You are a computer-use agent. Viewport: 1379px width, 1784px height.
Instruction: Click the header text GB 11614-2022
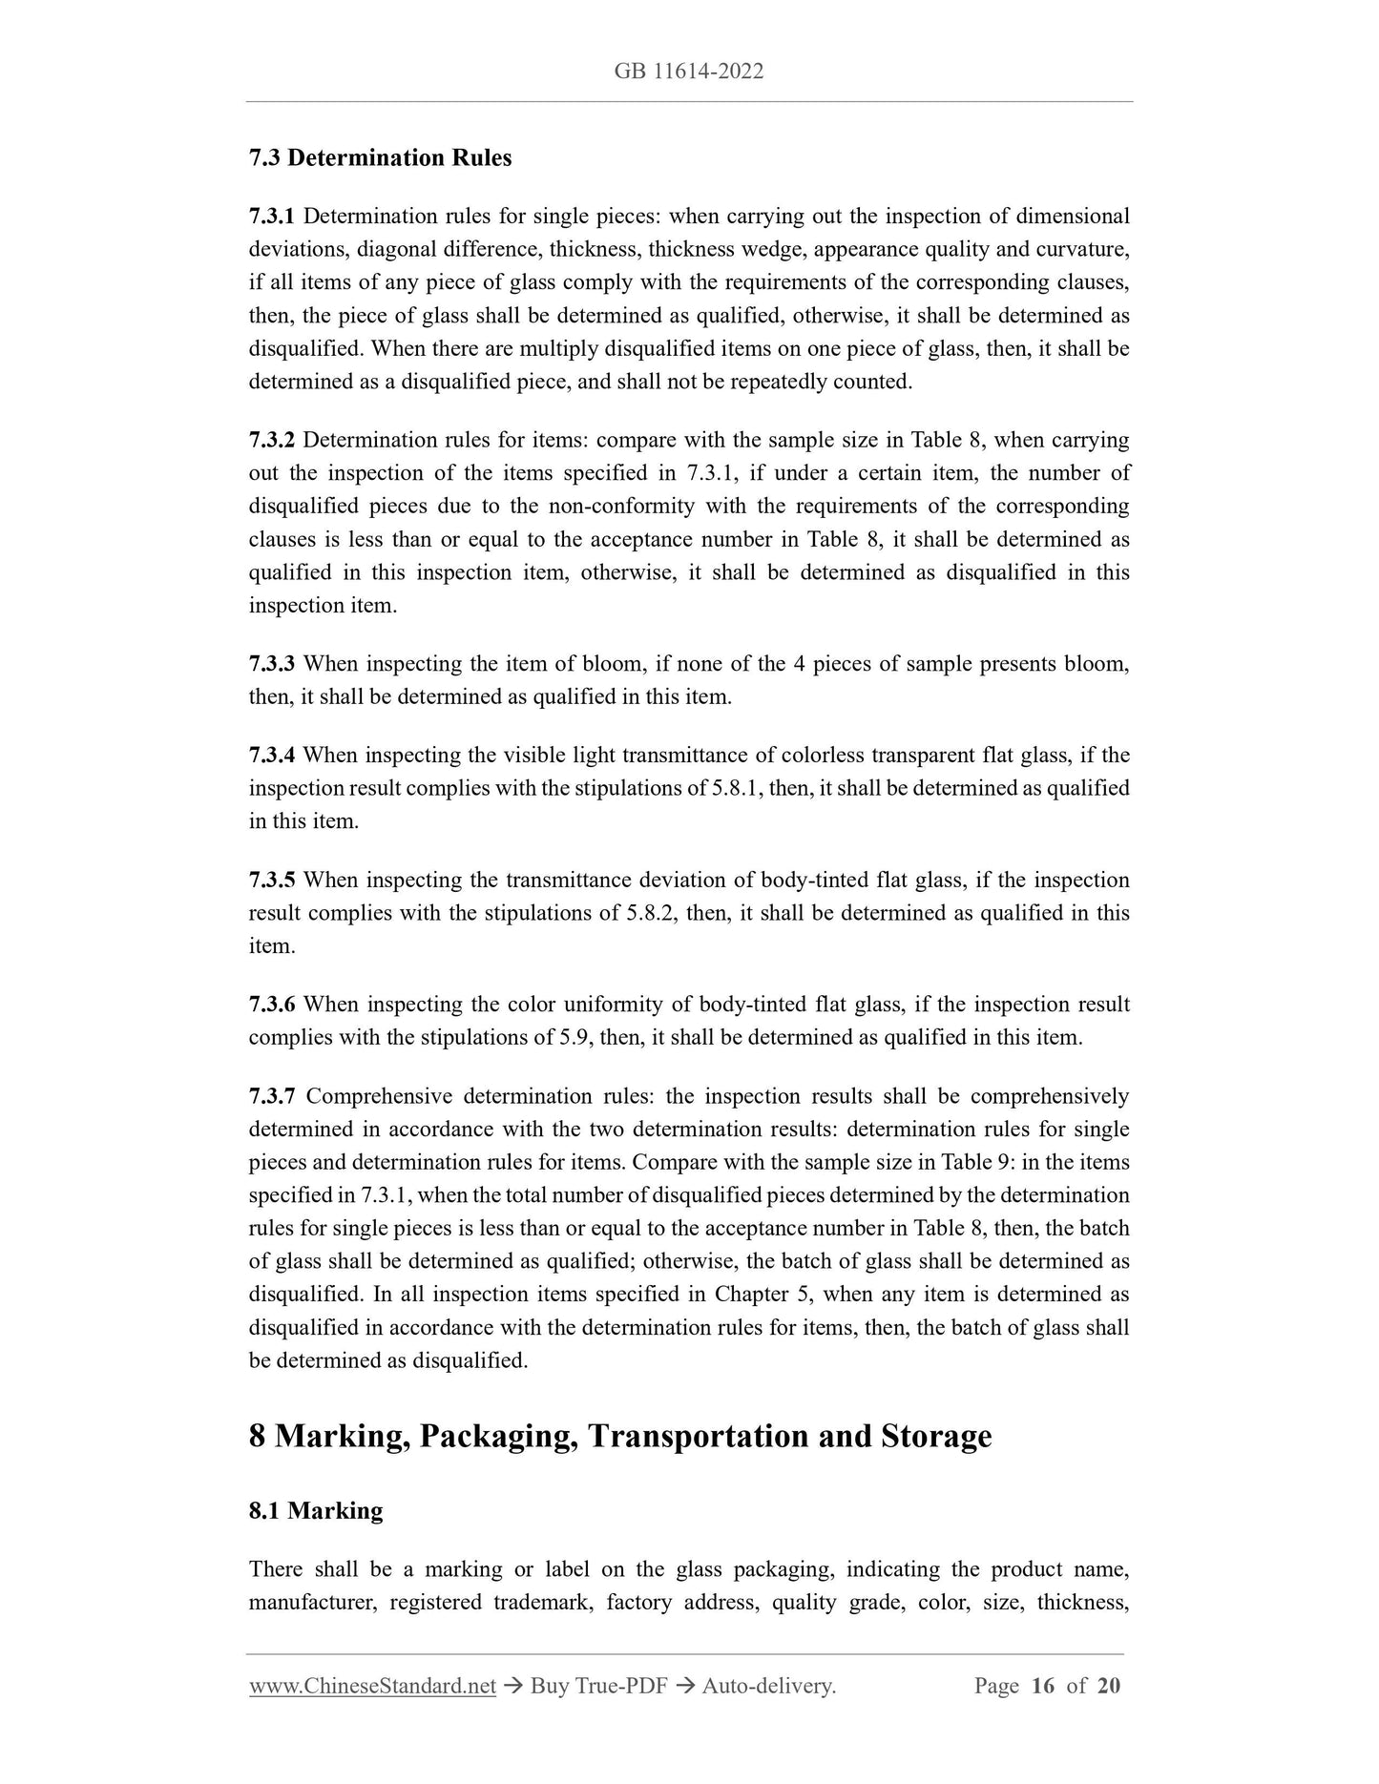point(689,72)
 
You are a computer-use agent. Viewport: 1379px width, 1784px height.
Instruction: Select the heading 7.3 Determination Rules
point(380,158)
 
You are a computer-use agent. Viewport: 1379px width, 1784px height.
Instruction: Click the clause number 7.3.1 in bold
point(272,217)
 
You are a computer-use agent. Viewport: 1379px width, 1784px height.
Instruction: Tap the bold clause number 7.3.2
point(272,441)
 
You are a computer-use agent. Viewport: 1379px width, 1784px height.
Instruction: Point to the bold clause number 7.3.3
point(272,664)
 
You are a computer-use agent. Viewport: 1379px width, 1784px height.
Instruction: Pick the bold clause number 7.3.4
point(272,756)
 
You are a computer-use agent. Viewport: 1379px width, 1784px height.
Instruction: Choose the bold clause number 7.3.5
point(272,880)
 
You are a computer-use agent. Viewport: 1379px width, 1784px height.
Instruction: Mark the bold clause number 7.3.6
point(272,1005)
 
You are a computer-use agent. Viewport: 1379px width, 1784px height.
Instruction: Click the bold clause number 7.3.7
point(272,1096)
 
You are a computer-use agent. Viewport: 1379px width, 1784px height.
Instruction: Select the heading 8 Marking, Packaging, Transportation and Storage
point(620,1436)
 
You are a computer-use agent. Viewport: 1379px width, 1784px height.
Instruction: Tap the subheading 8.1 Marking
point(316,1511)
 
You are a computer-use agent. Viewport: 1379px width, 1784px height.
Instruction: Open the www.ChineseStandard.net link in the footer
point(372,1686)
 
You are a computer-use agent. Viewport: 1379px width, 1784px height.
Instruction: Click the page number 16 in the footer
point(1042,1686)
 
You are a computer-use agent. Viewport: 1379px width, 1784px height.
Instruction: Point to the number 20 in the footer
point(1108,1686)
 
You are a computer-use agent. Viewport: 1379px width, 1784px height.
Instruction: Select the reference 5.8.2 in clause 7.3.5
point(651,913)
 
